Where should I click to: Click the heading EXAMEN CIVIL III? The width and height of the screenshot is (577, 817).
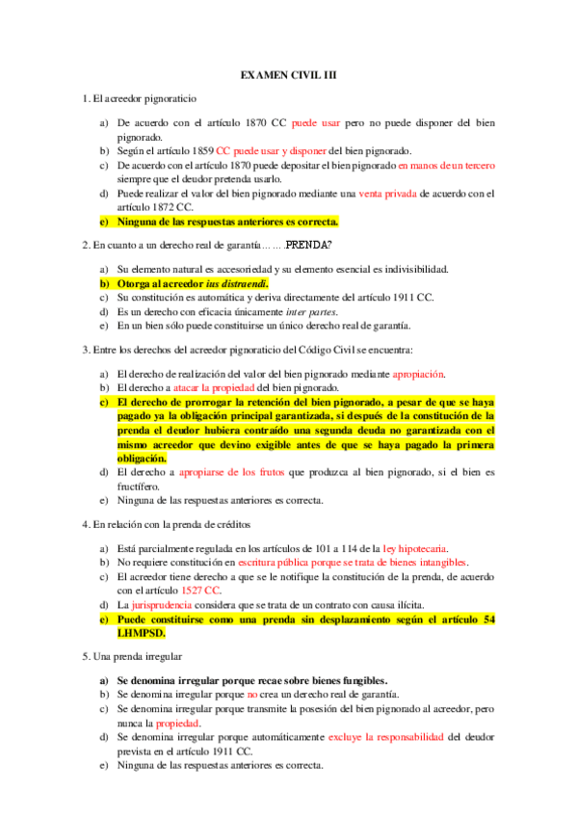tap(288, 74)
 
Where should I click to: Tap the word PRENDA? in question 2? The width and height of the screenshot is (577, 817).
tap(314, 245)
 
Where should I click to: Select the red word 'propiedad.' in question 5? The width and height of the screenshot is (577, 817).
tap(178, 723)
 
